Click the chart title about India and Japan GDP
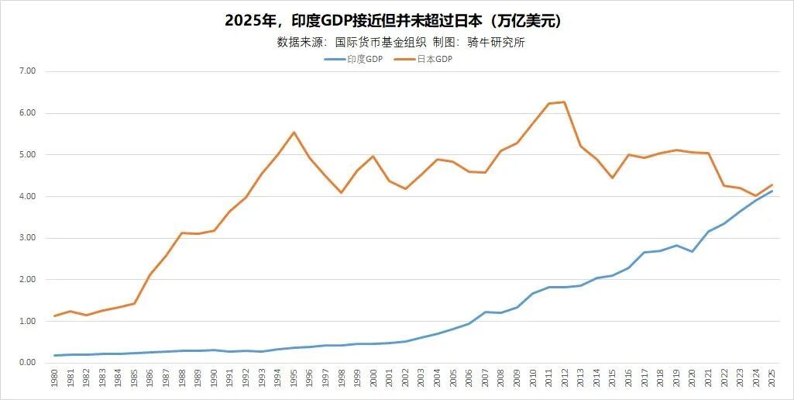pos(393,21)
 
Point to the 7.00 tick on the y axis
pos(27,71)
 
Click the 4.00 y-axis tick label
pos(27,197)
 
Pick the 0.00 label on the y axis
pos(27,363)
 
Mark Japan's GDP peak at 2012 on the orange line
pos(565,102)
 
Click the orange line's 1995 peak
pos(294,132)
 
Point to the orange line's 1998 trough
pos(342,192)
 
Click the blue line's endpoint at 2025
pos(772,191)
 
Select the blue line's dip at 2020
pos(692,251)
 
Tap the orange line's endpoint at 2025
pos(772,184)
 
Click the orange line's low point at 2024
pos(755,196)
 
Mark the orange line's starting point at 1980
pos(54,316)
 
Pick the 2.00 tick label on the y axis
pos(27,280)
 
